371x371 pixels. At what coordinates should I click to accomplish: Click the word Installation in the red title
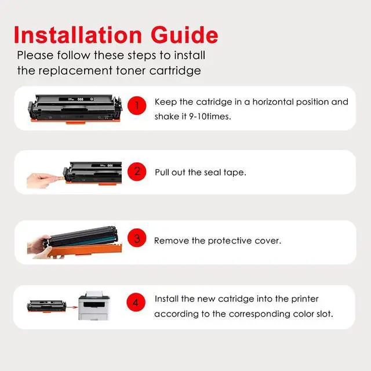coord(78,35)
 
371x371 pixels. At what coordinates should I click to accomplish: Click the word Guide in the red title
coord(184,35)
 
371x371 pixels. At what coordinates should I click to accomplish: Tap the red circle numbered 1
coord(137,106)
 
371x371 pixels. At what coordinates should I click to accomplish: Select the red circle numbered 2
coord(137,172)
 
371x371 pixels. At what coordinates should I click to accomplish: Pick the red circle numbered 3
coord(137,238)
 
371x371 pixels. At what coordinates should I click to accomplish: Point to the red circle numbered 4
coord(136,302)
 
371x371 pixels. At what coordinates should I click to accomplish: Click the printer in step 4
coord(94,305)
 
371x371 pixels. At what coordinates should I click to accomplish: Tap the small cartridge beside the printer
coord(46,307)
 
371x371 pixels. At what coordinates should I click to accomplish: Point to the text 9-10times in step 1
coord(210,117)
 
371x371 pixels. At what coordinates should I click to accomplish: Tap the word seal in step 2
coord(213,172)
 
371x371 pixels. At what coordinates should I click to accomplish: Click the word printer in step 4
coord(305,299)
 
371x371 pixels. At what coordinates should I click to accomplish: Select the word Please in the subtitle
coord(35,56)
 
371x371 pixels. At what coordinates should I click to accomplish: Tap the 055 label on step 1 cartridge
coord(81,99)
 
